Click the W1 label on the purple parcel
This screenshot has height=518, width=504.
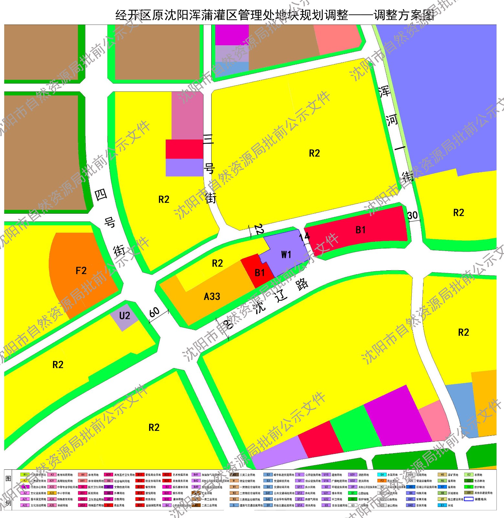coord(286,254)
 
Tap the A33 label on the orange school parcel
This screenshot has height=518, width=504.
coord(212,296)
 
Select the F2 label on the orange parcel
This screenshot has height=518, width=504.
coord(81,270)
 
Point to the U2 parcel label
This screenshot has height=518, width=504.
coord(125,316)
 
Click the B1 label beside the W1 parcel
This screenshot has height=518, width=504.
coord(260,273)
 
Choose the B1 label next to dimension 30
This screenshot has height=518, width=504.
coord(360,230)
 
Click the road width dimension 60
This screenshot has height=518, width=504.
coord(154,312)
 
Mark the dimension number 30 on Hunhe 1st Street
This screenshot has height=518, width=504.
coord(412,215)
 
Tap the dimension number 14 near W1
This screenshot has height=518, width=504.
coord(304,237)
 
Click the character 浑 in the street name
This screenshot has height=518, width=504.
coord(384,92)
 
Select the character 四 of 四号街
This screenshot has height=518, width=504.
coord(101,195)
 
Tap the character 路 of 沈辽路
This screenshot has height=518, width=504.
coord(302,284)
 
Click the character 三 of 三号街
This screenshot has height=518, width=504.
coord(208,140)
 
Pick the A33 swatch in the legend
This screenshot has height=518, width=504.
coord(52,493)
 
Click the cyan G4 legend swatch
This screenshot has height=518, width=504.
coord(382,475)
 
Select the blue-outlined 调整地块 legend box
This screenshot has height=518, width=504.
coord(468,499)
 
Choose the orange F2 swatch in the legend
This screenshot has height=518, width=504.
coord(382,481)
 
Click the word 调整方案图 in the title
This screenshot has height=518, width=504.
coord(404,15)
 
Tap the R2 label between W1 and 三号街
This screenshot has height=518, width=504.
coord(217,263)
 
